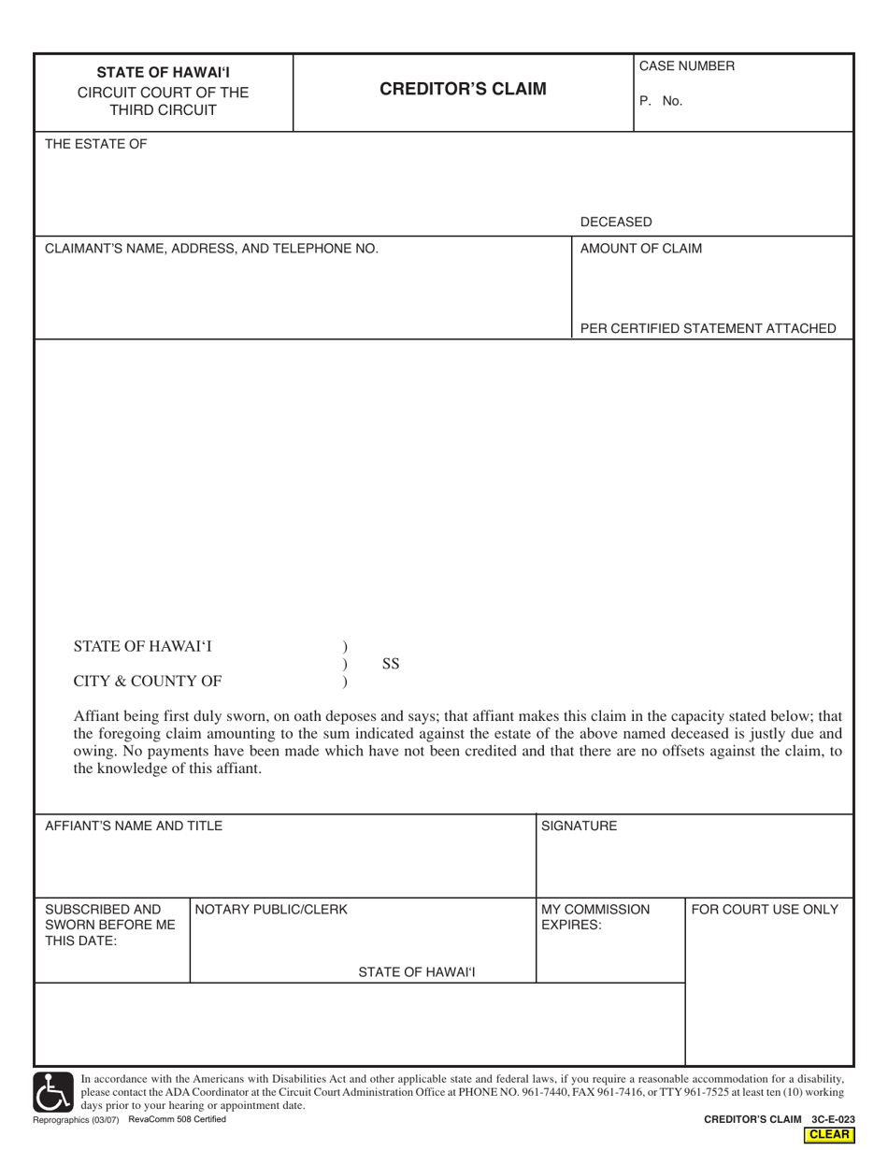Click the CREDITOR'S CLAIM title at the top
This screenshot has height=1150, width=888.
pos(463,90)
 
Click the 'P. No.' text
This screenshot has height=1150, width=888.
pos(661,101)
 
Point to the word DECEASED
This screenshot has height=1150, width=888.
pos(616,222)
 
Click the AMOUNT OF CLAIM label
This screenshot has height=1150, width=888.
pos(641,249)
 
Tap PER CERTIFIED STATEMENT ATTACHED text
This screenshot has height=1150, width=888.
pos(708,328)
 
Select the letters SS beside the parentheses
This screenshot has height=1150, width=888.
pos(392,664)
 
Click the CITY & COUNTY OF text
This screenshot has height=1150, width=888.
pos(148,680)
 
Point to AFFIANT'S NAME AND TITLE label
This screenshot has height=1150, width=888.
pos(134,826)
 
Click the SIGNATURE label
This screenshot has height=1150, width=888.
pos(580,826)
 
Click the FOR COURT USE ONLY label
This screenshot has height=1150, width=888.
pos(765,909)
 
